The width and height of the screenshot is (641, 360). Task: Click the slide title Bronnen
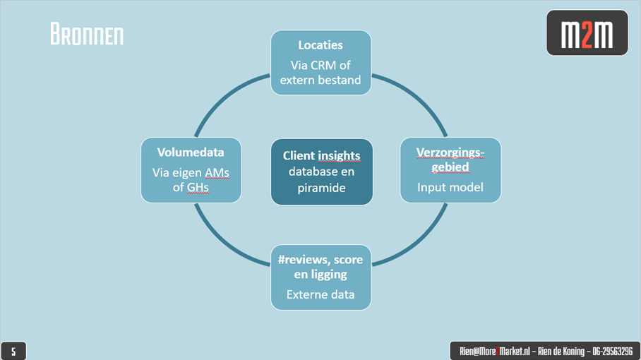click(x=86, y=34)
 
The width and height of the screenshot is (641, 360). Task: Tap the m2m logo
click(x=587, y=34)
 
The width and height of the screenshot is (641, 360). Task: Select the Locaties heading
click(x=320, y=45)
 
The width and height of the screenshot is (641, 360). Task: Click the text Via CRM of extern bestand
click(x=320, y=73)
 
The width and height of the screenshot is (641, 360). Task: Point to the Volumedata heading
click(x=191, y=152)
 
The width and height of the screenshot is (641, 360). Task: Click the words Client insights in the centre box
click(x=322, y=155)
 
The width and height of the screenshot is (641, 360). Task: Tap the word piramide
click(x=322, y=187)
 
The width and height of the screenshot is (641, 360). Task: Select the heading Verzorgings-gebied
click(x=450, y=160)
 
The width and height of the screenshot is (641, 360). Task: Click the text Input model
click(x=450, y=187)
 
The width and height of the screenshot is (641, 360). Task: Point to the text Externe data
click(x=320, y=294)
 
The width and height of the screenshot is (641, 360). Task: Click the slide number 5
click(x=13, y=351)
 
